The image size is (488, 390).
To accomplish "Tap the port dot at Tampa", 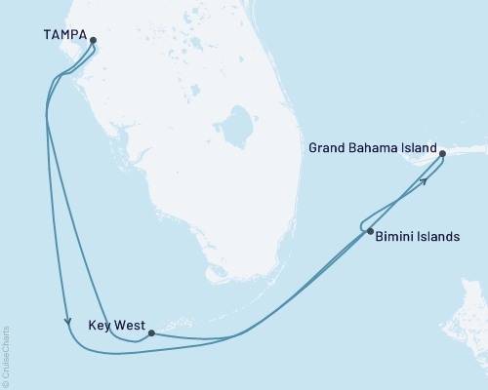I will click(x=94, y=41).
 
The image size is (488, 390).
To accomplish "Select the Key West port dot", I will click(x=150, y=332).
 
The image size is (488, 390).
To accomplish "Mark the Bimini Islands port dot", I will click(x=370, y=231).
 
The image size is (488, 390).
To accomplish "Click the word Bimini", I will click(x=396, y=236).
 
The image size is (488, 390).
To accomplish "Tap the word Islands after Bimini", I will click(x=438, y=236).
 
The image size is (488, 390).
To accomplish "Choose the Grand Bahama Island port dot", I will click(x=442, y=154).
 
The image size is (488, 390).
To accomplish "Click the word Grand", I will click(x=327, y=149).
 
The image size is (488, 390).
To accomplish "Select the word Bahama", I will click(x=373, y=149).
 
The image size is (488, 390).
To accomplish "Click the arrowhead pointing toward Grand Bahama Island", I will click(x=425, y=180).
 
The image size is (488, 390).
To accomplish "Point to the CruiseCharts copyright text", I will click(x=6, y=356).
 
